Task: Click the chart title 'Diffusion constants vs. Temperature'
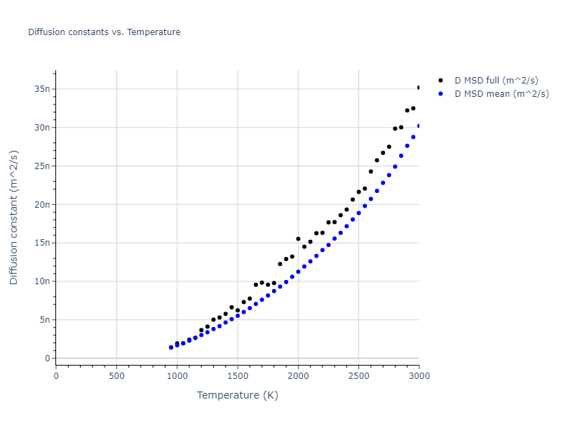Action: (x=104, y=32)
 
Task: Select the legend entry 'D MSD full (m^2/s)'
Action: (x=501, y=80)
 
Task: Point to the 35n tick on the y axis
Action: (x=42, y=89)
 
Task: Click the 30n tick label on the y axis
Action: (x=42, y=128)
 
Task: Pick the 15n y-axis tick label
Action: (x=42, y=243)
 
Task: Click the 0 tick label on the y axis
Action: (x=47, y=359)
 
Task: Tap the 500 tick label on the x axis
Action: (x=116, y=375)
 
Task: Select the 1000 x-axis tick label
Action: (x=177, y=375)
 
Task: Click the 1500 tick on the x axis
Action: (x=238, y=375)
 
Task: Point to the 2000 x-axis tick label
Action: (x=298, y=375)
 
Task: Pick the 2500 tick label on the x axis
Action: (x=358, y=375)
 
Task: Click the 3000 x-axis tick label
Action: (x=419, y=375)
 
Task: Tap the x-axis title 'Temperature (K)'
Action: (x=237, y=395)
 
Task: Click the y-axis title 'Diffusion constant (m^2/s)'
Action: (x=14, y=218)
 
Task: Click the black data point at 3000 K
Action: (x=419, y=88)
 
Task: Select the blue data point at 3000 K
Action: (x=419, y=126)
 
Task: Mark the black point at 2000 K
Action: (x=298, y=239)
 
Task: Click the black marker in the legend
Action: (x=440, y=80)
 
